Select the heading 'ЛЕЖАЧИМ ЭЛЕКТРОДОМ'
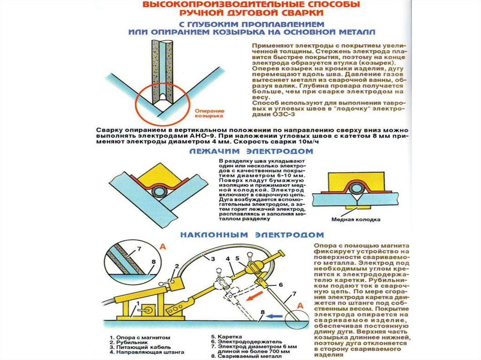[251, 152]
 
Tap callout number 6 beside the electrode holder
[281, 284]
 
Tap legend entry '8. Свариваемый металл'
[247, 357]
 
